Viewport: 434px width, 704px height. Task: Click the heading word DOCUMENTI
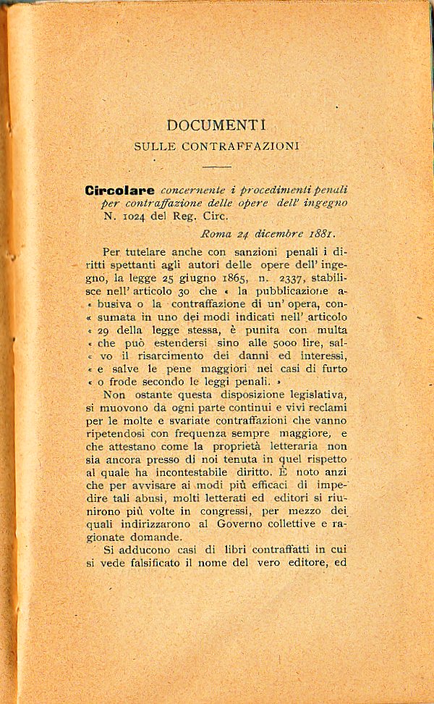click(216, 125)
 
